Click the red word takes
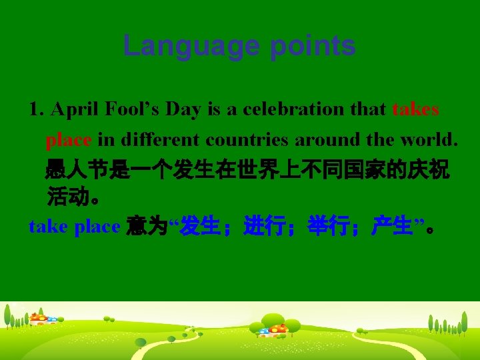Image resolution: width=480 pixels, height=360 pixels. [415, 109]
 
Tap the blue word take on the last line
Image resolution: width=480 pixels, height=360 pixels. [48, 227]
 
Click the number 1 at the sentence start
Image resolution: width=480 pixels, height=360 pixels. [35, 109]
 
